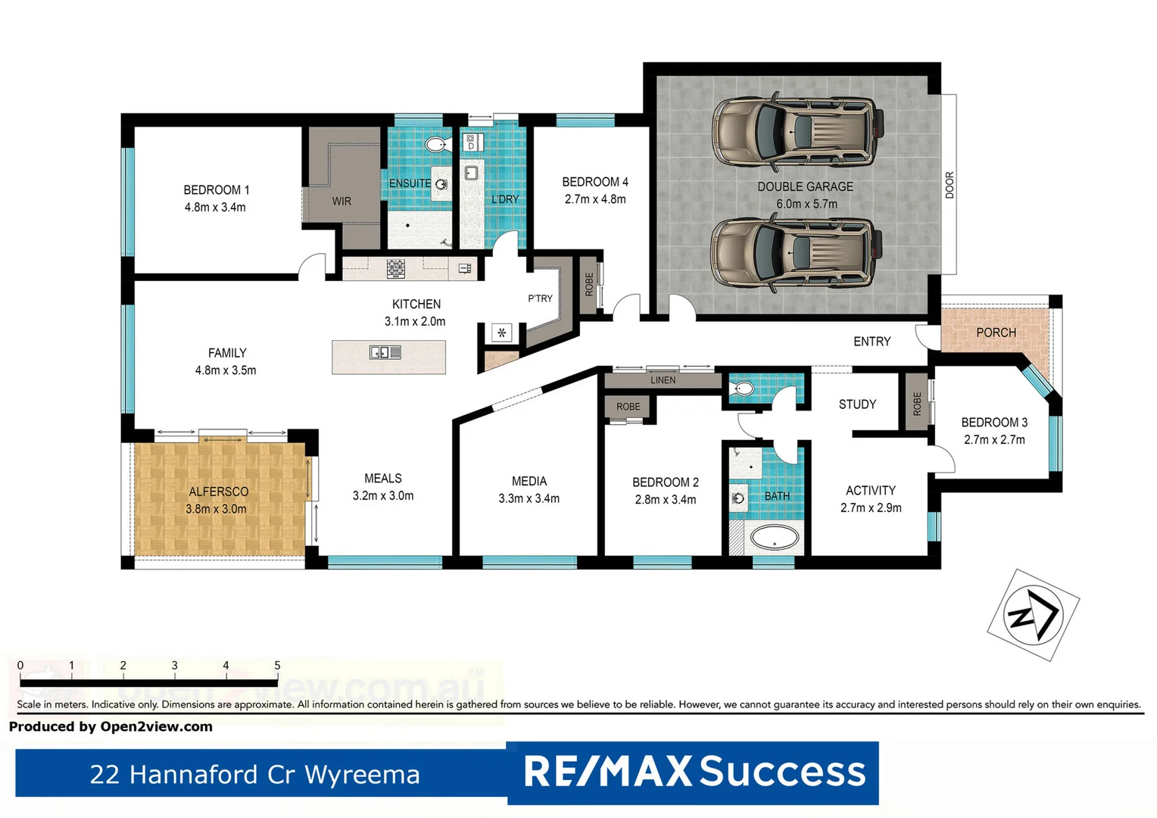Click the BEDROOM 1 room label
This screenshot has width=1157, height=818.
point(216,190)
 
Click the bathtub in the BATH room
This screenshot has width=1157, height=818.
point(774,539)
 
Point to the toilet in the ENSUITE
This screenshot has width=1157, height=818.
point(436,144)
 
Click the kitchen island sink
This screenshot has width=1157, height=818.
point(385,352)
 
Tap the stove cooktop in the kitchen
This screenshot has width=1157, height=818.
point(396,268)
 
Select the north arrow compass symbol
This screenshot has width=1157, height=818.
point(1033,615)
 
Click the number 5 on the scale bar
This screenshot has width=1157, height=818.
point(277,666)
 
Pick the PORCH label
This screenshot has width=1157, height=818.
point(996,333)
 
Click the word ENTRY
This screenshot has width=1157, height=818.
point(872,342)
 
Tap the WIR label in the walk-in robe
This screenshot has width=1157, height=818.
point(341,201)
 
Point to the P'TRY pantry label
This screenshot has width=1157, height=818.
point(540,298)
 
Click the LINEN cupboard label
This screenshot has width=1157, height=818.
point(663,380)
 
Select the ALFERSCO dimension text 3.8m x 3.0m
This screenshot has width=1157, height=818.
point(216,509)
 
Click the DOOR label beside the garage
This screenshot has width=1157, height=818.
point(949,186)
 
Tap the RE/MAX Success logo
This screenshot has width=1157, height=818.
point(694,772)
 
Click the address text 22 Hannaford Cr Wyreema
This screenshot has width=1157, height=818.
point(254,775)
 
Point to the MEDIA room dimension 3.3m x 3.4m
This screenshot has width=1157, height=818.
point(529,498)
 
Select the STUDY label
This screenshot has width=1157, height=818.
point(857,404)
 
